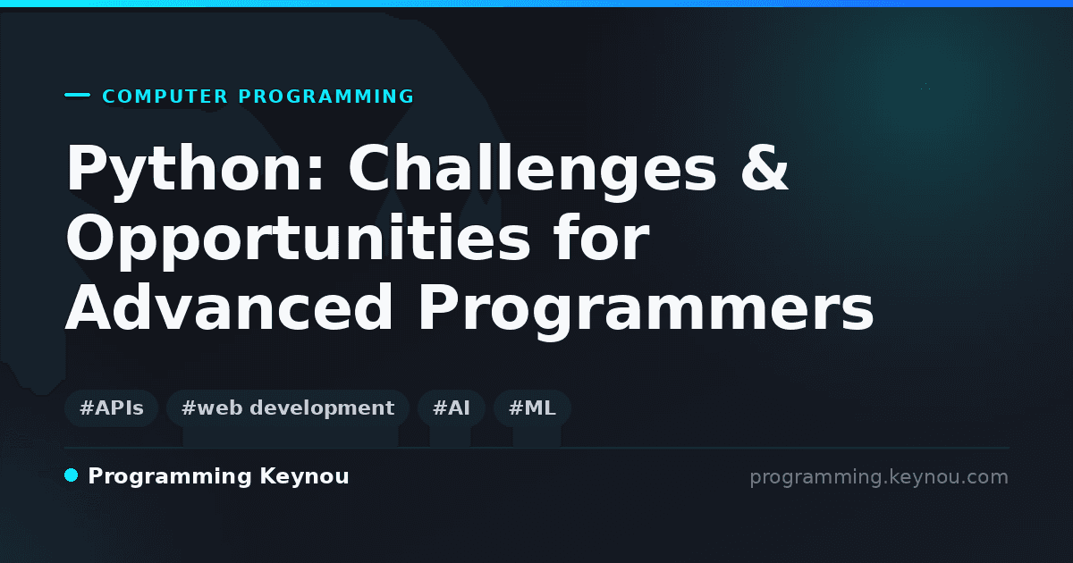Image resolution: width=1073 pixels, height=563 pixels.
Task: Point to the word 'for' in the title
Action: (x=601, y=237)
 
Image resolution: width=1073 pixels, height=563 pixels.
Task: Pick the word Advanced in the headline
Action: (x=229, y=307)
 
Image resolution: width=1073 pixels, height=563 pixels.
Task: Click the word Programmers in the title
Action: (x=646, y=311)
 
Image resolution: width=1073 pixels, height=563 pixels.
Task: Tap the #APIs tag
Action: (x=111, y=408)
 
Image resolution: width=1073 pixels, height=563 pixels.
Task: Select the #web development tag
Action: (x=288, y=408)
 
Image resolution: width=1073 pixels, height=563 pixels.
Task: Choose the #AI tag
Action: (x=452, y=408)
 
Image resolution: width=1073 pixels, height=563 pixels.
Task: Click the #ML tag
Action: (x=532, y=408)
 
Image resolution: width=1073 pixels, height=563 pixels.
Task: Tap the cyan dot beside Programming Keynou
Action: (x=71, y=475)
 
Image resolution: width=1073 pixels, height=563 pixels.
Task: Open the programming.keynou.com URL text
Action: (x=879, y=477)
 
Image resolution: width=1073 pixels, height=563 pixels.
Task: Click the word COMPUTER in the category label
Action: (x=165, y=97)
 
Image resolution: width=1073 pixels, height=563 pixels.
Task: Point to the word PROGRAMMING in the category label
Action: (x=325, y=97)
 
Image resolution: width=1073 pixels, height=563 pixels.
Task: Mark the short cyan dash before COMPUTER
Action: (x=77, y=95)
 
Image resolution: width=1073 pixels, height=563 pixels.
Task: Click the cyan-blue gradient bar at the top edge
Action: (x=536, y=4)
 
